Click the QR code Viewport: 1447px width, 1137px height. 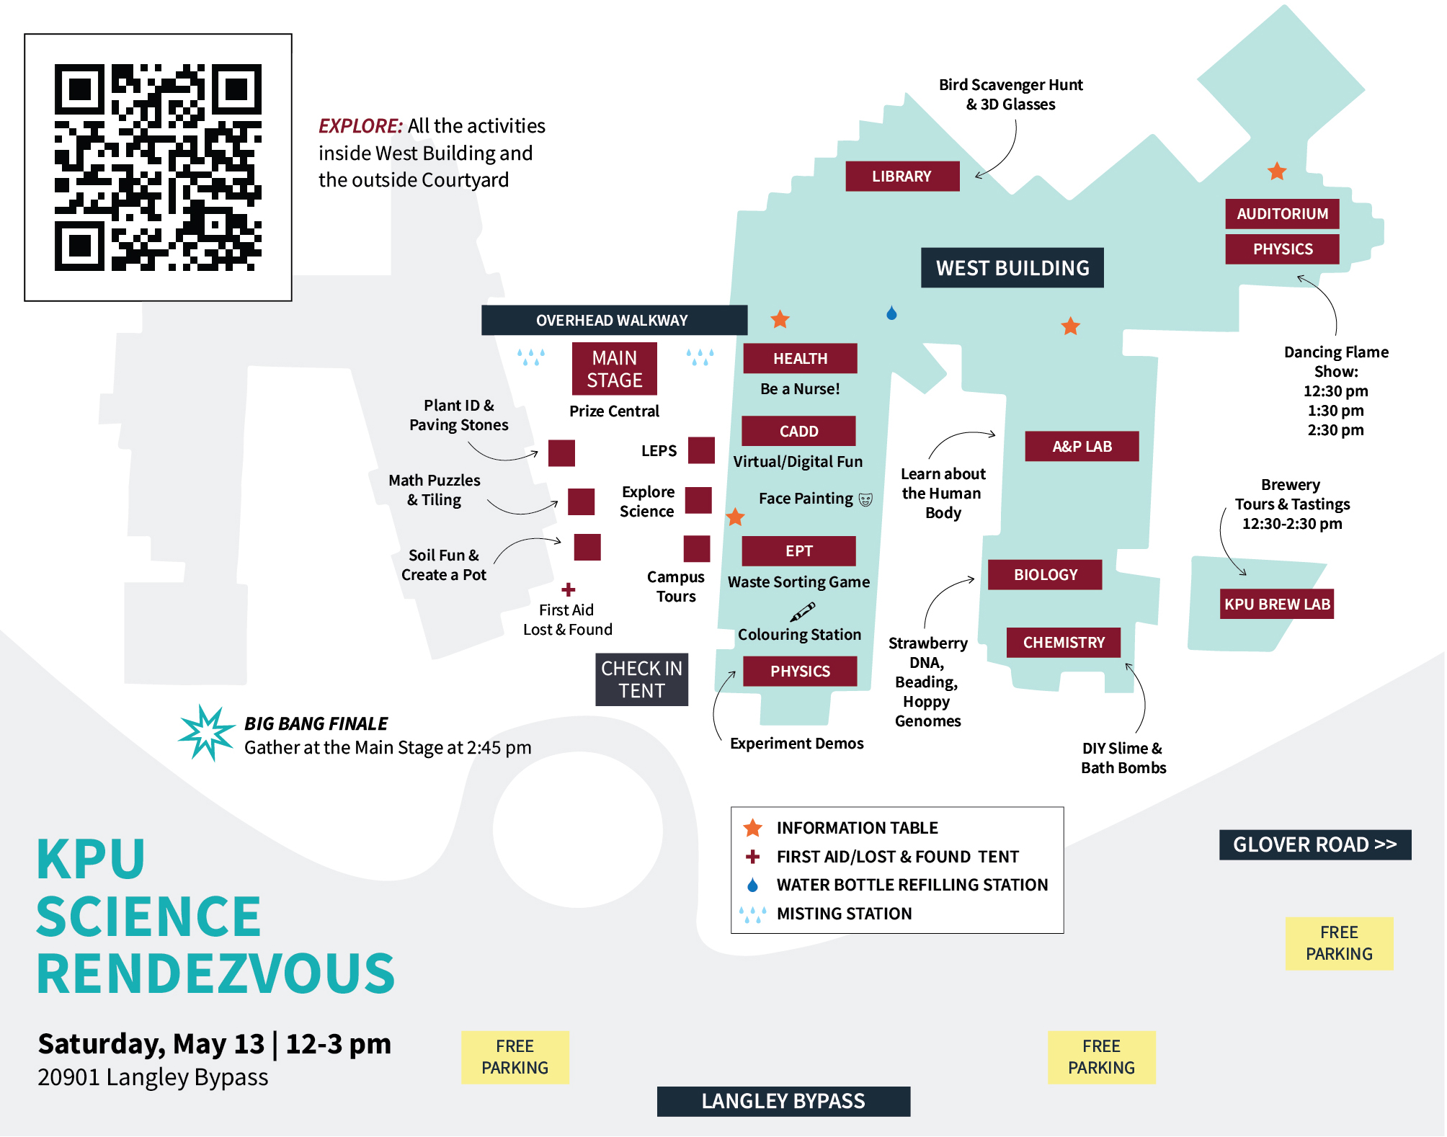click(x=158, y=167)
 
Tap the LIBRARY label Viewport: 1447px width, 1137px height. click(x=901, y=177)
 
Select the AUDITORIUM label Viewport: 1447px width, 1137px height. click(x=1282, y=214)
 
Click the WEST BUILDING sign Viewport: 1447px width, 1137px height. click(x=1012, y=268)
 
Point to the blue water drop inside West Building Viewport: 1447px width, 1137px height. click(x=891, y=313)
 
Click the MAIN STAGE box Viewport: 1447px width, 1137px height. click(x=614, y=369)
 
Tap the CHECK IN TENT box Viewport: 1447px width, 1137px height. click(x=641, y=679)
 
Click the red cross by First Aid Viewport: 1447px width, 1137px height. click(x=569, y=589)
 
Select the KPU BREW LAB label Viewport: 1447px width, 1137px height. click(x=1276, y=605)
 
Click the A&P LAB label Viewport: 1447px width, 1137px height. click(x=1082, y=447)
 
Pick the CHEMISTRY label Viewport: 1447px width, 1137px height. click(x=1064, y=643)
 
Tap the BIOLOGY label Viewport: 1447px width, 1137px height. click(x=1045, y=575)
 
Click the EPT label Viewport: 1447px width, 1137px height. click(x=798, y=551)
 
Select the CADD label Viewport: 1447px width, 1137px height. click(x=798, y=431)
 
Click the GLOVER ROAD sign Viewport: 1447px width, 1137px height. click(x=1314, y=844)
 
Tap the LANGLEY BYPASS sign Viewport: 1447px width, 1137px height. click(x=783, y=1101)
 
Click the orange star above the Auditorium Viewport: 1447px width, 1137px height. click(x=1277, y=171)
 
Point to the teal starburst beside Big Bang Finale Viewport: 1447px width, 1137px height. click(x=207, y=732)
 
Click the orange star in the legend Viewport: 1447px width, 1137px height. click(x=753, y=828)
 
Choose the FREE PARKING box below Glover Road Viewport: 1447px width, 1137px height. click(x=1339, y=943)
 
